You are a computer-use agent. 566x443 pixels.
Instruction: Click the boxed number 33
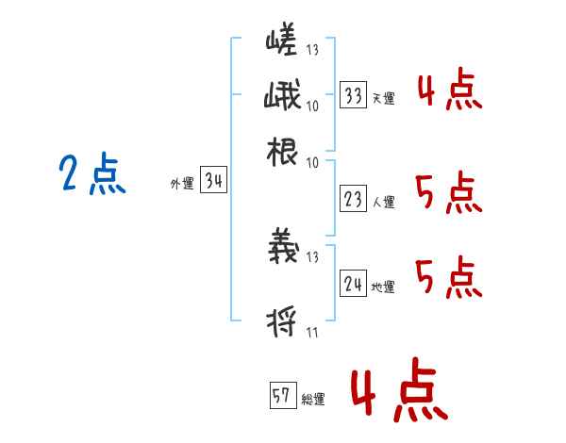tap(353, 95)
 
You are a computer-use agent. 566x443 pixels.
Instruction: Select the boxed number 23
tap(353, 199)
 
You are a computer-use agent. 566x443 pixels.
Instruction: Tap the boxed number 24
tap(353, 284)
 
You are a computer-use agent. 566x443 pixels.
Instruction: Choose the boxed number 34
tap(213, 182)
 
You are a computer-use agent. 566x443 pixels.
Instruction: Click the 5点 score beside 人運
tap(447, 193)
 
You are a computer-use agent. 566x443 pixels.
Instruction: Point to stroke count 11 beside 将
tap(312, 332)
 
